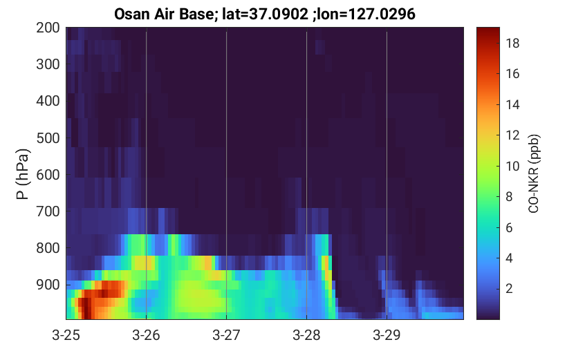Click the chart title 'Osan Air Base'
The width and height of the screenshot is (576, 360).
[164, 15]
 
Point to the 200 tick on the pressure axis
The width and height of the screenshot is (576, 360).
[48, 28]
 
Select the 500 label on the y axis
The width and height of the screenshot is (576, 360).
[48, 138]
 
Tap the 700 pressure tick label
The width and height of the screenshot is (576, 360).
[48, 211]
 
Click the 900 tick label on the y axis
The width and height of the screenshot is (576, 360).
[48, 285]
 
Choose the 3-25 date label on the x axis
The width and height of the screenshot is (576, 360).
[66, 335]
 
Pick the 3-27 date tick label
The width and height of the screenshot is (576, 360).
[226, 335]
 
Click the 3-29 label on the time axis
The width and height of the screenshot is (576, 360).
[387, 335]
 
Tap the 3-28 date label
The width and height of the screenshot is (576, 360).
[307, 335]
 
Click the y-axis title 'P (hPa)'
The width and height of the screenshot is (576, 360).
[22, 174]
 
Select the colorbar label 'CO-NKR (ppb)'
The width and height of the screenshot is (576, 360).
[533, 173]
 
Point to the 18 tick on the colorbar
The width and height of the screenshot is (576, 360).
[512, 44]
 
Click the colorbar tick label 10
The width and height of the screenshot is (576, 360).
[512, 167]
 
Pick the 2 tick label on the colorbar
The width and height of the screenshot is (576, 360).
[509, 288]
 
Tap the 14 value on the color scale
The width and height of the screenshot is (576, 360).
[512, 105]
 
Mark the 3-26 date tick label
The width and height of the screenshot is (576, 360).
[146, 335]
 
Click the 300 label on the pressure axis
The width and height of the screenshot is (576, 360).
[48, 64]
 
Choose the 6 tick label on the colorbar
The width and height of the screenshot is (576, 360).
[509, 227]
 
